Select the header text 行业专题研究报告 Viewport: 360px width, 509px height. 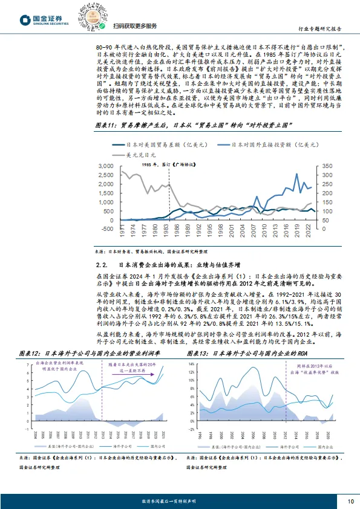tap(321, 28)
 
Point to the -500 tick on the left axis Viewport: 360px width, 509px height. tap(106, 229)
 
